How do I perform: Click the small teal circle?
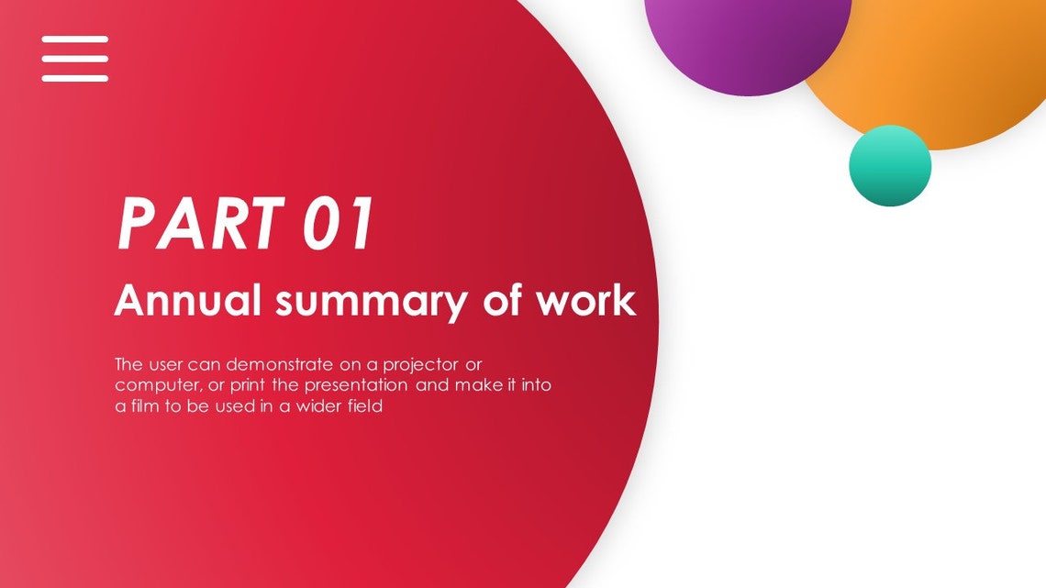pos(889,165)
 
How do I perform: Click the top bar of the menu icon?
pos(74,39)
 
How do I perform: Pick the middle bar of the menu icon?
pos(74,59)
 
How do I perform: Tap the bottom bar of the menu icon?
pos(74,78)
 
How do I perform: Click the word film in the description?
pos(143,406)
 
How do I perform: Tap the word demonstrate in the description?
pos(275,363)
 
